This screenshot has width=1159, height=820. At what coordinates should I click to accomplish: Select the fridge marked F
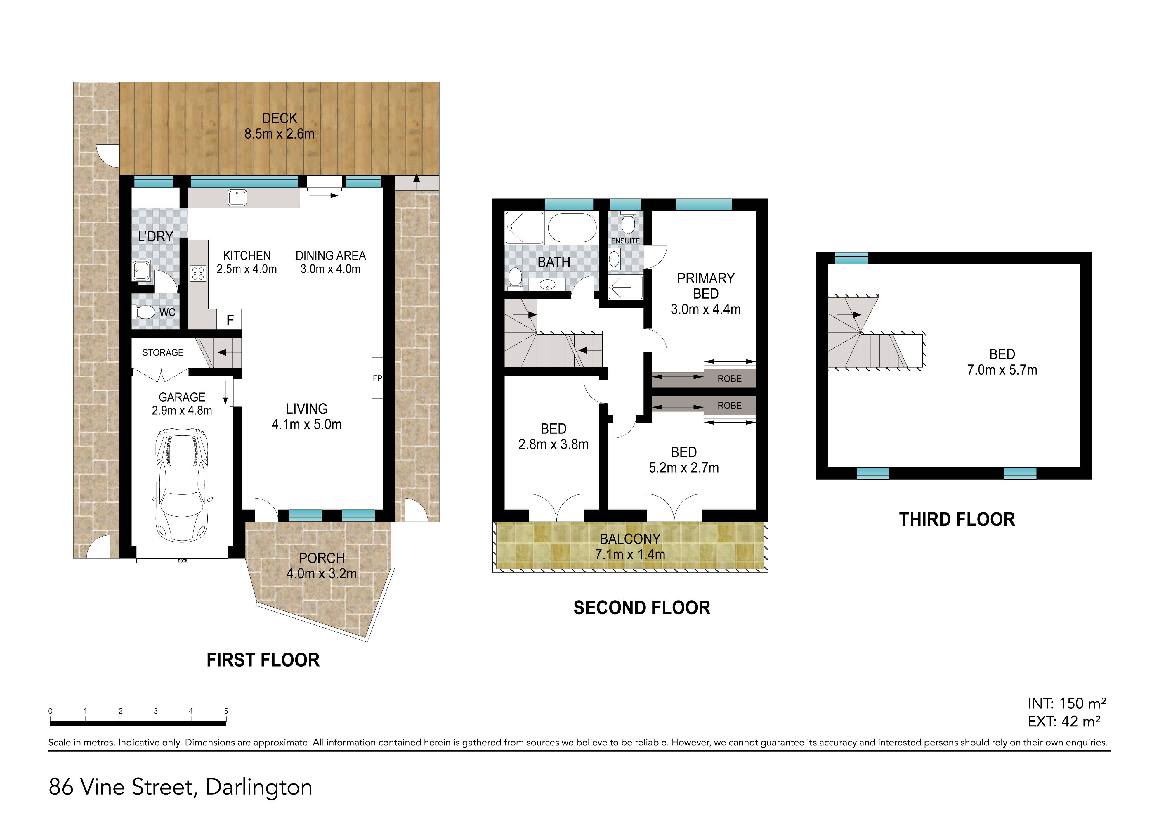(230, 320)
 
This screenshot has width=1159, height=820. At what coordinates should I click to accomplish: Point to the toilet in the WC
(144, 312)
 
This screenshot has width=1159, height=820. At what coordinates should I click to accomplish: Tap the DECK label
(280, 118)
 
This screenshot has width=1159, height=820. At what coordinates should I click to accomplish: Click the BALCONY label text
(630, 539)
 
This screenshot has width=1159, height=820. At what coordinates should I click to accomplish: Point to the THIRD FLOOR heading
(957, 520)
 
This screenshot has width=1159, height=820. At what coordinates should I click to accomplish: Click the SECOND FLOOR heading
(642, 608)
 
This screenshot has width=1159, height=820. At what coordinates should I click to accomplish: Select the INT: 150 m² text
(1067, 703)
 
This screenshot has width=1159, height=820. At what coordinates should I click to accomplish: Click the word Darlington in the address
(259, 787)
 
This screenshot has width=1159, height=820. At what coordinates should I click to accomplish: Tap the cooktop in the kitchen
(197, 273)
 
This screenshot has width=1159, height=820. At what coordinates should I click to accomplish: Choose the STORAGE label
(162, 352)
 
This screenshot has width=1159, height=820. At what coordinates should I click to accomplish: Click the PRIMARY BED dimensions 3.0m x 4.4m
(706, 309)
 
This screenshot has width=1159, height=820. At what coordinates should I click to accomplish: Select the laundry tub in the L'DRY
(141, 271)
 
